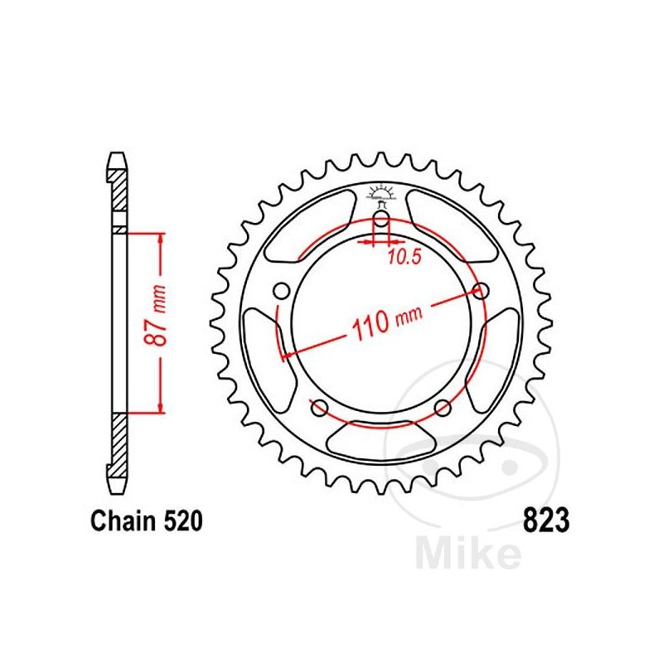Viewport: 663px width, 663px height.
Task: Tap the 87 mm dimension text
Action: [162, 320]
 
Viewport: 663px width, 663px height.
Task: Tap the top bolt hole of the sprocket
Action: [381, 221]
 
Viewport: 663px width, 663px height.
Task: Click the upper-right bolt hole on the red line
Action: [479, 290]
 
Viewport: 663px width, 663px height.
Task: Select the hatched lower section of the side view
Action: [119, 443]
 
